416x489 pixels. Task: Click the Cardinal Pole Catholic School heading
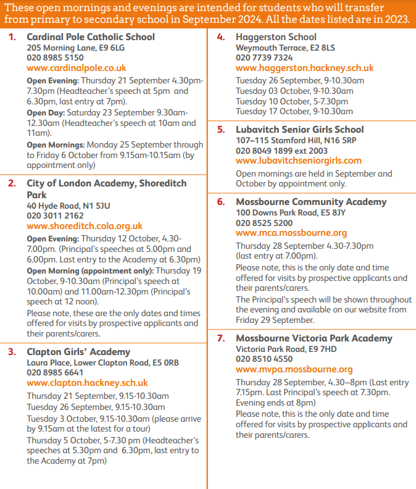pos(91,37)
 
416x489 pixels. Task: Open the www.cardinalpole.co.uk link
pos(76,68)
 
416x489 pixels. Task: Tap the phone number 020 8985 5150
pos(55,57)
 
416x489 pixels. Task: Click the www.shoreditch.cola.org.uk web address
pos(85,226)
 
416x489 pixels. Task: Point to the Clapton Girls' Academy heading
pos(78,352)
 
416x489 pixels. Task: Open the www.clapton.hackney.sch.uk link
pos(87,383)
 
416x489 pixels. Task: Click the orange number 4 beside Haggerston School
pos(220,37)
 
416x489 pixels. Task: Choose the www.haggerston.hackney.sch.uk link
pos(304,68)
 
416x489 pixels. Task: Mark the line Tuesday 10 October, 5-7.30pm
pos(292,101)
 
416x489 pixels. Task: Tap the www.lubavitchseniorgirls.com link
pos(299,161)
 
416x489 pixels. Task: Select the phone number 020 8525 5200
pos(264,223)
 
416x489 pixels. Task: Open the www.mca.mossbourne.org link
pos(291,233)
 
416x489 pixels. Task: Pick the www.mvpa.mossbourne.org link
pos(294,369)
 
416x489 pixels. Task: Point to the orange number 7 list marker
pos(220,338)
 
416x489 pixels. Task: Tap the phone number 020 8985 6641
pos(55,372)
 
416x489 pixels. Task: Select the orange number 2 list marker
pos(12,183)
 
